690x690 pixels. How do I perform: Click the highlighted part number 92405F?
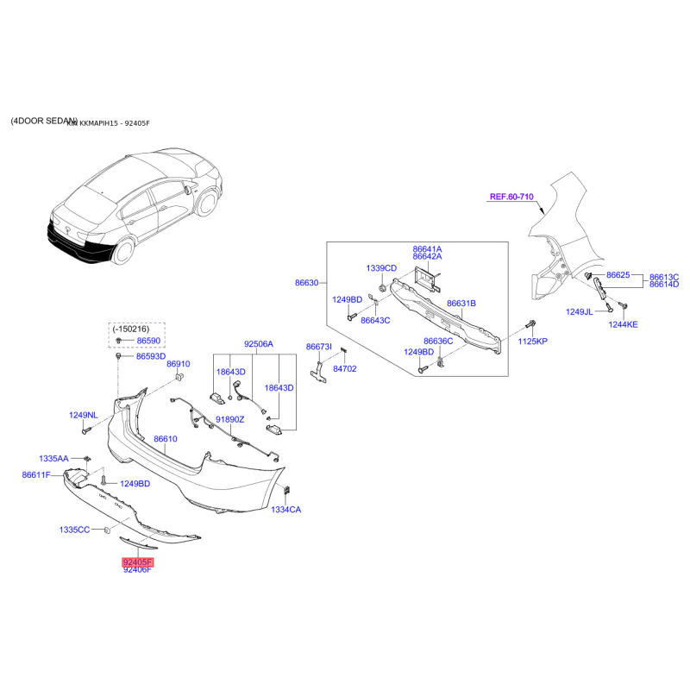[x=137, y=561]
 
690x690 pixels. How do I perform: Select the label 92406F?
[x=137, y=570]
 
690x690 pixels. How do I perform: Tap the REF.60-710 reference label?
[x=512, y=197]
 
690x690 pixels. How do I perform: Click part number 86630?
[x=306, y=282]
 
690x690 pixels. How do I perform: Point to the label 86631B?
[x=461, y=303]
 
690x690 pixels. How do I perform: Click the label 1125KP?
[x=532, y=342]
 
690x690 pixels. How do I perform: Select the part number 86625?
[x=618, y=274]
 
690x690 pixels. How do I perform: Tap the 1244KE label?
[x=623, y=325]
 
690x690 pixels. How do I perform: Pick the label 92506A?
[x=258, y=344]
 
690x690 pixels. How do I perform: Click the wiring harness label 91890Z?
[x=230, y=419]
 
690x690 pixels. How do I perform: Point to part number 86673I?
[x=318, y=346]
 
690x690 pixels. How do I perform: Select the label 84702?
[x=344, y=368]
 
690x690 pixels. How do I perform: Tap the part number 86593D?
[x=151, y=356]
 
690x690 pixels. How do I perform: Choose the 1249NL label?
[x=85, y=416]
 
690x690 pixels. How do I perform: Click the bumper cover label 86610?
[x=166, y=439]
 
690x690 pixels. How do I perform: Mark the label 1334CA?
[x=286, y=510]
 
